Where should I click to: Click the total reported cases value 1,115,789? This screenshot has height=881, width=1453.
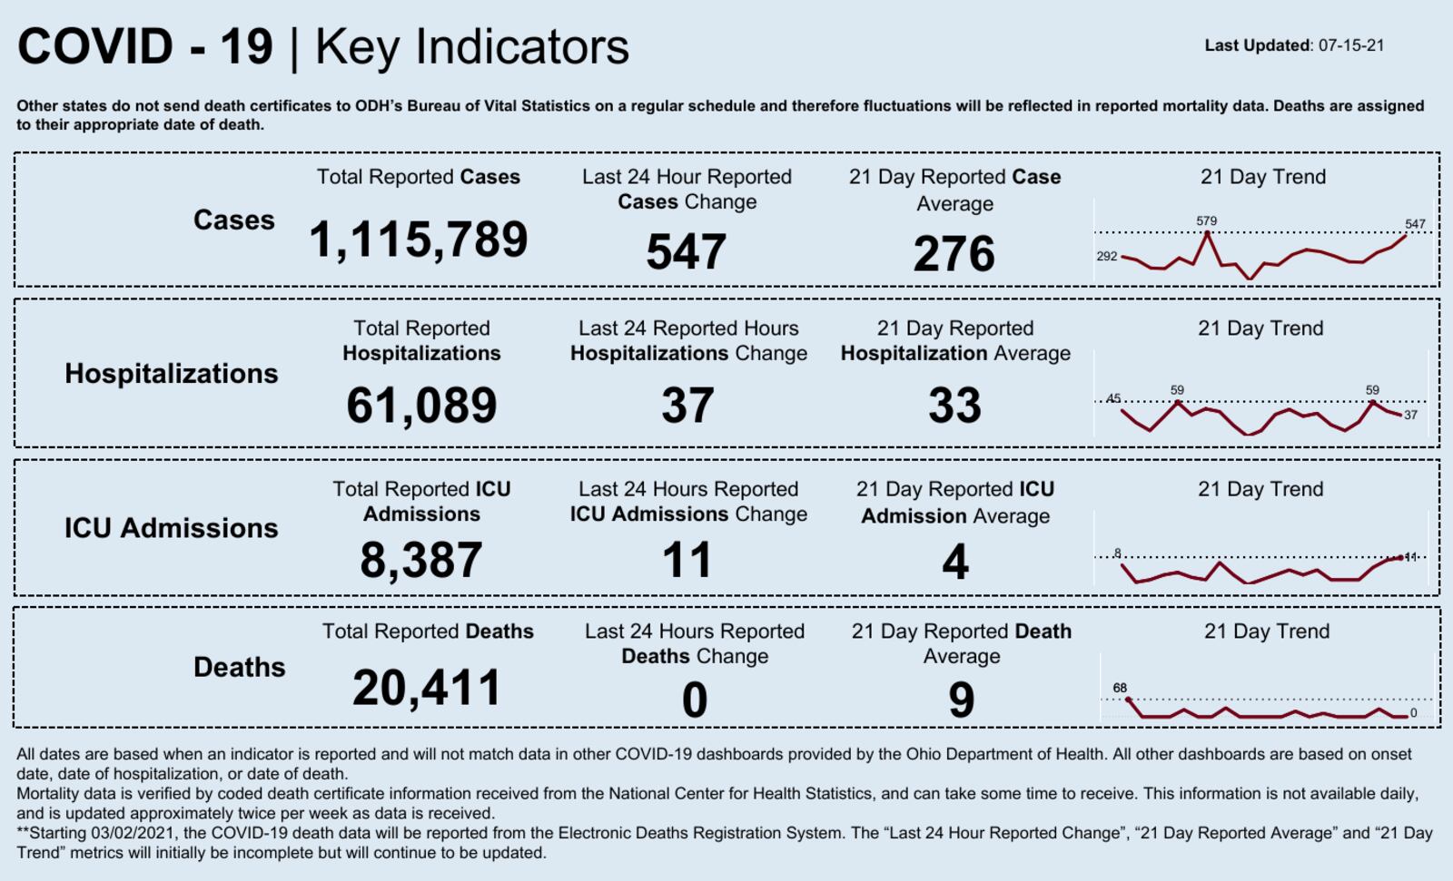[x=418, y=240]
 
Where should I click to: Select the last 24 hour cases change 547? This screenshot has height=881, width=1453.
[x=686, y=252]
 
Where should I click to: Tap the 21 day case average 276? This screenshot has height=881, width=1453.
[x=954, y=254]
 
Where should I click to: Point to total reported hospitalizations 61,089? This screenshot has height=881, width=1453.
[x=421, y=406]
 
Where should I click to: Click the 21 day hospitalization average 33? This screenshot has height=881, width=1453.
[x=954, y=406]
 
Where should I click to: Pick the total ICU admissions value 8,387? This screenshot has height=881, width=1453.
[x=421, y=560]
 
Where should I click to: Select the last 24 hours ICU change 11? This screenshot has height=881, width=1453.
[x=687, y=560]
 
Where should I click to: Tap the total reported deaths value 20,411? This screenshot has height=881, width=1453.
[x=427, y=688]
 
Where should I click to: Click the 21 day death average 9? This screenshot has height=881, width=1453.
[x=961, y=700]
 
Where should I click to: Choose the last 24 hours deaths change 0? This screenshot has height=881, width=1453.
[x=695, y=700]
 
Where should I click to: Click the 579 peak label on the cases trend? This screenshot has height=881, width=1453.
[x=1206, y=220]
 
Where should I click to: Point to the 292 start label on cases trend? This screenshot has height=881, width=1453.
[x=1106, y=257]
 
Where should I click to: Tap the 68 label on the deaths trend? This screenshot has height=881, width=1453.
[x=1120, y=688]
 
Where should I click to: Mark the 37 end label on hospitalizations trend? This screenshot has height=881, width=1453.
[x=1410, y=416]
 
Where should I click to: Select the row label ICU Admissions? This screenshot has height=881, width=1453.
[x=171, y=528]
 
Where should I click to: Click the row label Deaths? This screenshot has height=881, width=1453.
[x=239, y=668]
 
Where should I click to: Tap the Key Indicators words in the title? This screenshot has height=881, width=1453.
[x=471, y=47]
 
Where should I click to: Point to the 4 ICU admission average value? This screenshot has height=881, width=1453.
[x=954, y=562]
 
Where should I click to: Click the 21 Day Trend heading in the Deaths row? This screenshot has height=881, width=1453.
[x=1266, y=631]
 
